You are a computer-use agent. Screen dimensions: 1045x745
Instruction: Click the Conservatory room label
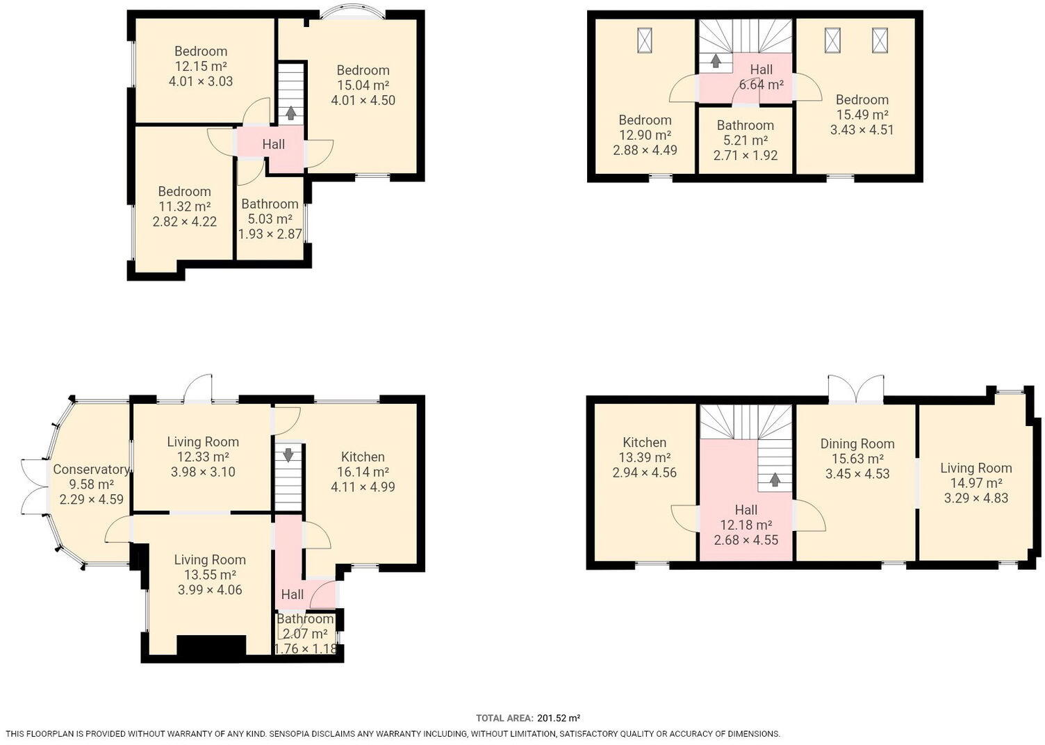(x=91, y=469)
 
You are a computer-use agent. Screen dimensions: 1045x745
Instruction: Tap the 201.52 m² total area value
(x=559, y=718)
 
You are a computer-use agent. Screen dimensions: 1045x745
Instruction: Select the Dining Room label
(x=857, y=443)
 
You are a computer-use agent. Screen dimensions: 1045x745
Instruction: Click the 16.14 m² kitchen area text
(x=363, y=472)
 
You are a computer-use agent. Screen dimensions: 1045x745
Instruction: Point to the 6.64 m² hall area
(x=762, y=85)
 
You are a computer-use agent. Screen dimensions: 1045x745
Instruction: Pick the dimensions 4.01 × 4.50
(x=363, y=100)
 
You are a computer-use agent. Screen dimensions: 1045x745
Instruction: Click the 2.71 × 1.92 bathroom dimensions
(x=746, y=156)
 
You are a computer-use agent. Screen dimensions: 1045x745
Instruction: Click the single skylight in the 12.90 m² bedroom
(x=645, y=40)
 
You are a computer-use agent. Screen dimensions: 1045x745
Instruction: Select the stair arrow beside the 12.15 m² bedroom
(x=290, y=113)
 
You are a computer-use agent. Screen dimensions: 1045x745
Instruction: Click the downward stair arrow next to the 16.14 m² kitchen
(x=288, y=455)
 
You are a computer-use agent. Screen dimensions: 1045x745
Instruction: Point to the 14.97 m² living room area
(x=976, y=483)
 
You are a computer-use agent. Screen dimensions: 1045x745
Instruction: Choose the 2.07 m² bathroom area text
(x=306, y=634)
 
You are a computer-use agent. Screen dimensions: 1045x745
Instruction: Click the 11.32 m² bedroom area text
(x=184, y=206)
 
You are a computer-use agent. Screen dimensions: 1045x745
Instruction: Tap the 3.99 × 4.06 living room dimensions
(x=210, y=589)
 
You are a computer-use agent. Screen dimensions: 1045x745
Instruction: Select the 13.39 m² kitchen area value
(x=645, y=457)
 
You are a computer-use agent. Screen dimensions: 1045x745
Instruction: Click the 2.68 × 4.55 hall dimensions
(x=746, y=540)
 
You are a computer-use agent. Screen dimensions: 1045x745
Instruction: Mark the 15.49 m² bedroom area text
(x=862, y=114)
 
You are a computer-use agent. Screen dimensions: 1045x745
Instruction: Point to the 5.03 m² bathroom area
(x=270, y=219)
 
